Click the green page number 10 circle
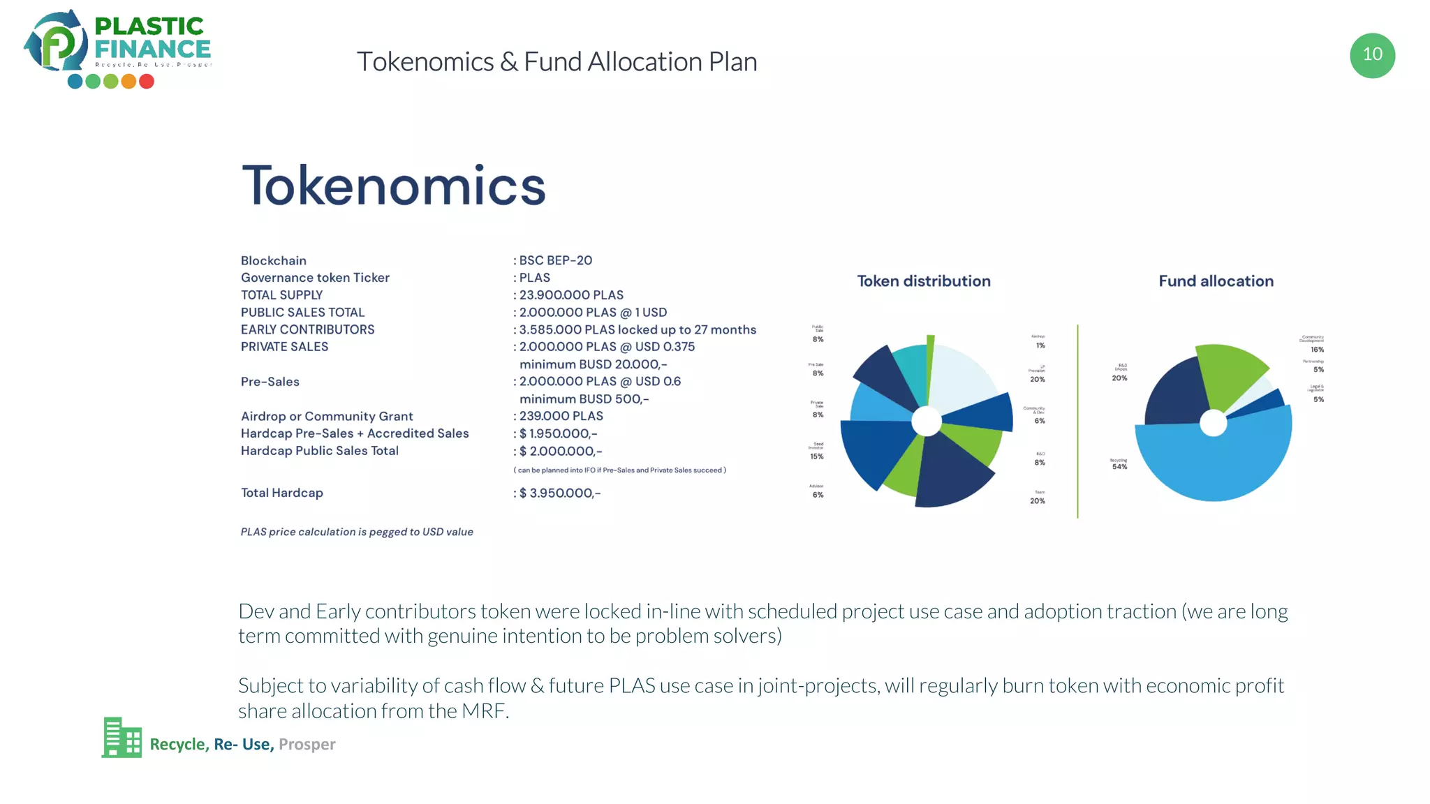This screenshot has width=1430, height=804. coord(1372,55)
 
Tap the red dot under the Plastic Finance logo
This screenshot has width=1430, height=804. coord(147,82)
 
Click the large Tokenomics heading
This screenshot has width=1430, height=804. coord(393,186)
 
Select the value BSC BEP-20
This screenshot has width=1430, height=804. coord(555,260)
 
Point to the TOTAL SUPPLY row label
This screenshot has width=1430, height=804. coord(281,295)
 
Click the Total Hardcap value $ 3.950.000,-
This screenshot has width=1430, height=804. coord(559,493)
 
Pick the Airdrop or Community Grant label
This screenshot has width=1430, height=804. coord(327,417)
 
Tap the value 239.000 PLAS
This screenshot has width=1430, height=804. coord(561,416)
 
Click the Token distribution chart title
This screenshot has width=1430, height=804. coord(923,281)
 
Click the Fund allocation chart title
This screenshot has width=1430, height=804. coord(1216,281)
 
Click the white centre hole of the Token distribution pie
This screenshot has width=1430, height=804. coord(927,421)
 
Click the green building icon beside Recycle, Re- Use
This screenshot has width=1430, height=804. coord(121,738)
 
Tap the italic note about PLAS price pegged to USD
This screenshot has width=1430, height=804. coord(357,532)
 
